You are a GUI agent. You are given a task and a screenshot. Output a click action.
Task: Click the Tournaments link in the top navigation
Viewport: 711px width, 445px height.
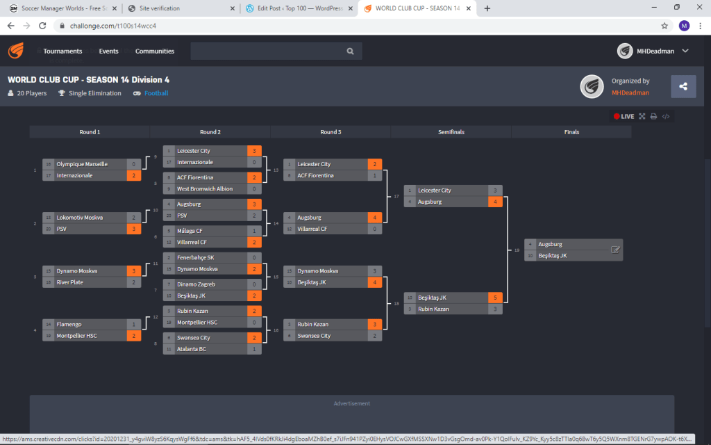62,51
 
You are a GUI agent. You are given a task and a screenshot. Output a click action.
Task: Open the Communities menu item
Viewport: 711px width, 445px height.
155,51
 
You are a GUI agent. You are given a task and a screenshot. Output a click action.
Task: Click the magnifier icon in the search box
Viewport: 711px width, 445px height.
351,51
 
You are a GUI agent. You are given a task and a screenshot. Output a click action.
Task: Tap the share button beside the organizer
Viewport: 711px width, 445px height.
683,86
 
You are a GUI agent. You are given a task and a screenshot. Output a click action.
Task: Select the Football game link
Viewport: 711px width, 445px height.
156,93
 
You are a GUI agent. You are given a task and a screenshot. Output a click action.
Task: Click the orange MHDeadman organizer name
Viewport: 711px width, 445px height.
630,92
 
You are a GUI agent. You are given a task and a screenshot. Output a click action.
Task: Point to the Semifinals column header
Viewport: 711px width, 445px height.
451,131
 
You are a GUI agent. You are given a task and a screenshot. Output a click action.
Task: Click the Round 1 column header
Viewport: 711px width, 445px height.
90,131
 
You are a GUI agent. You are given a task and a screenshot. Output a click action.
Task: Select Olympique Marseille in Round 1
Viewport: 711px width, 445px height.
82,164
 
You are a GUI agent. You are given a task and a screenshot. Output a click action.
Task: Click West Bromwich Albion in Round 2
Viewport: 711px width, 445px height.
205,189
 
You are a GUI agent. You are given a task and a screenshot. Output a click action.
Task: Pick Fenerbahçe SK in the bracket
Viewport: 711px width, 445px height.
196,257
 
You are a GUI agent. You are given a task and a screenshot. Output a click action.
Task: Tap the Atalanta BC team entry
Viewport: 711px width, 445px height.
192,349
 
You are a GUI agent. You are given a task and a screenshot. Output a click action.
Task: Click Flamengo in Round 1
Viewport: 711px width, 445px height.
69,324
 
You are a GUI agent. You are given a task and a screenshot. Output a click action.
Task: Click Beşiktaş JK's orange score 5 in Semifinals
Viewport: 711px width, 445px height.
495,298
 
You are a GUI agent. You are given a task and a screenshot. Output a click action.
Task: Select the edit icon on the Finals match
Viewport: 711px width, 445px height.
615,250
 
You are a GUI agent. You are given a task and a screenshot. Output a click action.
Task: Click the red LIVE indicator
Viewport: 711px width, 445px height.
624,116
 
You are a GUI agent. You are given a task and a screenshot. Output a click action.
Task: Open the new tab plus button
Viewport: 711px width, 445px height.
487,8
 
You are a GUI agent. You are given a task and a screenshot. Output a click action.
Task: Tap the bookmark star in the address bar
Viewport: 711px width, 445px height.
664,26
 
